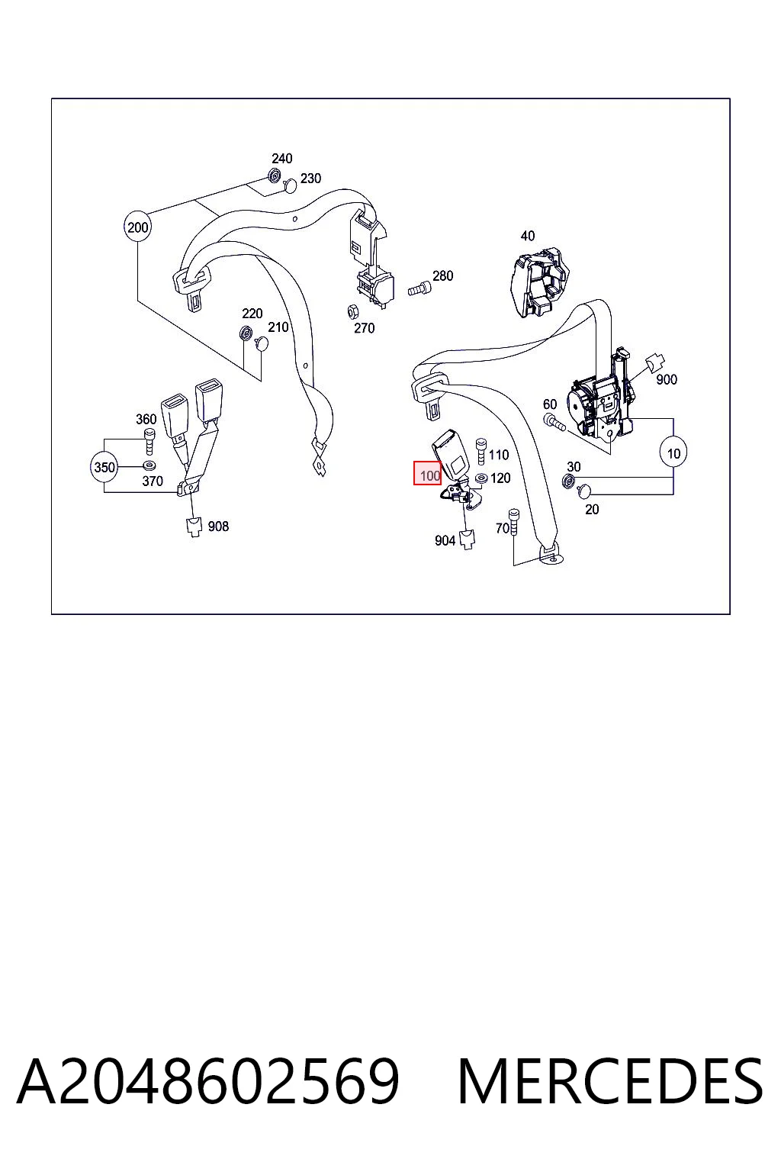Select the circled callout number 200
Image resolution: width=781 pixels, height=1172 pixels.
(x=137, y=227)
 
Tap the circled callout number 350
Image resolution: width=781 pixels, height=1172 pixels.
(x=104, y=467)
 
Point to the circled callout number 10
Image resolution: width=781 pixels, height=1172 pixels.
(x=673, y=453)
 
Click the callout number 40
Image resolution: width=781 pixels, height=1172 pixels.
(x=527, y=236)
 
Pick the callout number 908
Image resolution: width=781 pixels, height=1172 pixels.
(x=218, y=526)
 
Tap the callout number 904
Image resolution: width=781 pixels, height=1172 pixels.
(x=445, y=540)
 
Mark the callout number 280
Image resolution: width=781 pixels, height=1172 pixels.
(x=442, y=275)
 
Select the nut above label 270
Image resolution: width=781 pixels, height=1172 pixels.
(x=352, y=312)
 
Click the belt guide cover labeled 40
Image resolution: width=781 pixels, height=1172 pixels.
(x=539, y=283)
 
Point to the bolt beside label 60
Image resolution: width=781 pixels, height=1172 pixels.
(x=554, y=422)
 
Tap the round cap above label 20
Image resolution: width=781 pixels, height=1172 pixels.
(x=584, y=491)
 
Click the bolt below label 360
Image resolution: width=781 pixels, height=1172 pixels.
(x=149, y=442)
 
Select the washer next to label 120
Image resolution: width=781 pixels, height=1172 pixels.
(x=480, y=478)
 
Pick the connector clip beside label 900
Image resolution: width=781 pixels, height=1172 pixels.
(x=654, y=362)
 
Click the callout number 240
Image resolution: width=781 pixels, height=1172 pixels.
(x=281, y=159)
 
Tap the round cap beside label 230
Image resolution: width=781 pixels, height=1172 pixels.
(x=290, y=185)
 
